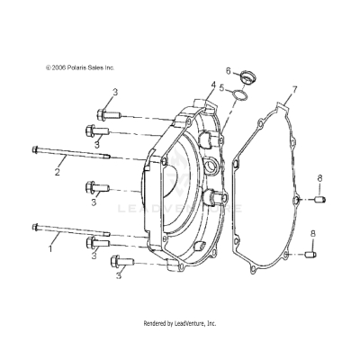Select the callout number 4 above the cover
tap(213, 85)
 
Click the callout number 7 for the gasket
tap(293, 92)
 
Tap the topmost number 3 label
tap(115, 92)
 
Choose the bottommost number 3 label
tap(117, 276)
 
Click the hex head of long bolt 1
tap(36, 227)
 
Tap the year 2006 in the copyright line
tap(60, 67)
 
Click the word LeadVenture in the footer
tap(193, 323)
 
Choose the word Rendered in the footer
tap(158, 323)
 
